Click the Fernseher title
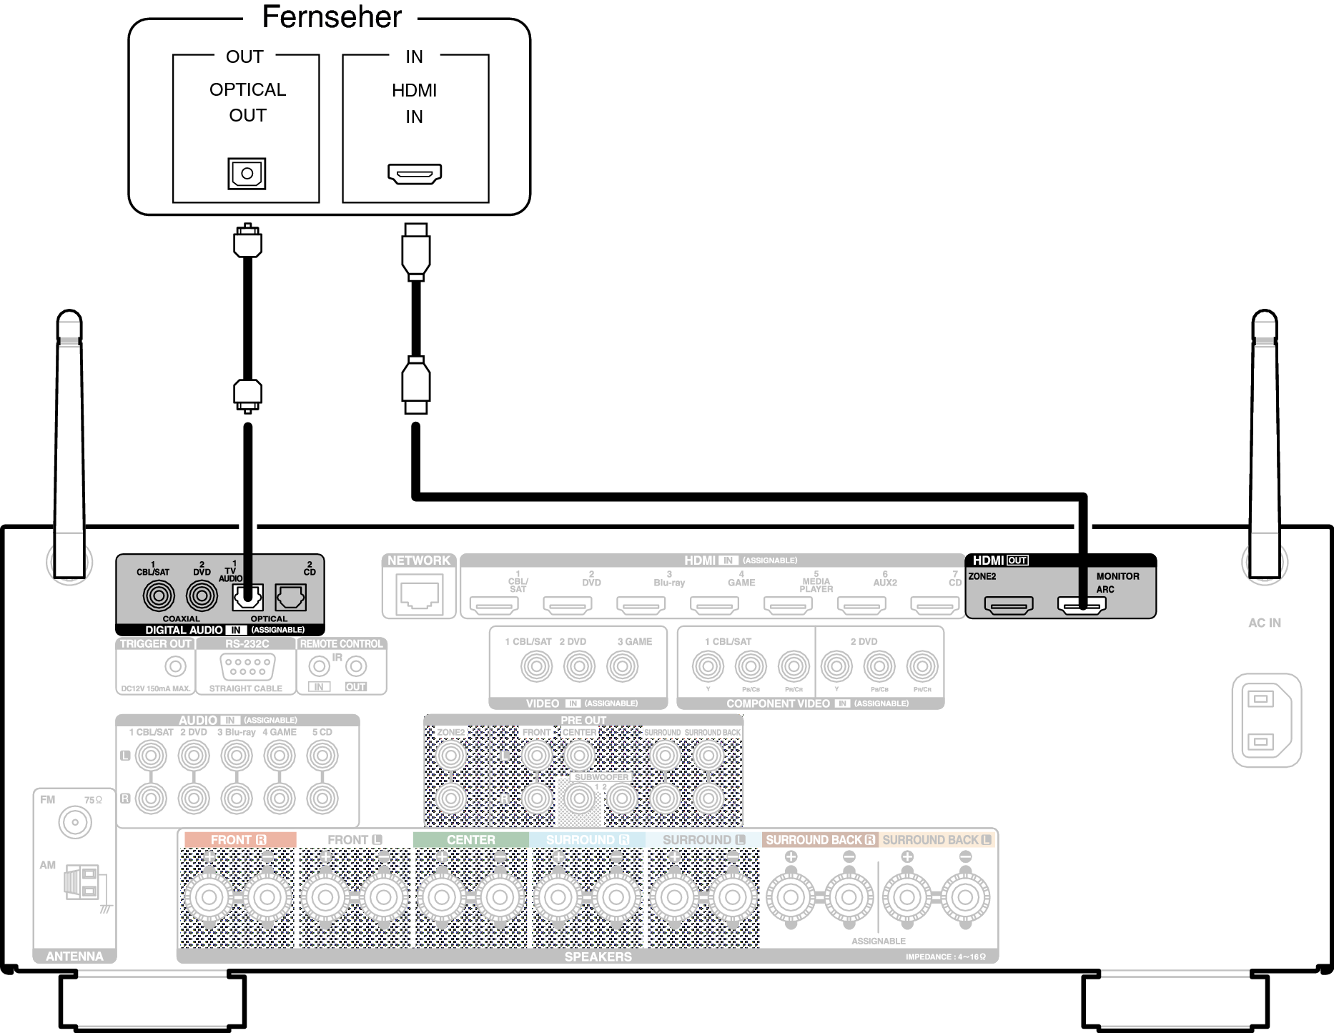click(x=332, y=17)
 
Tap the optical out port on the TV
click(x=247, y=173)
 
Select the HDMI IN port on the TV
click(x=415, y=173)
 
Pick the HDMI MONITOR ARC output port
click(x=1082, y=605)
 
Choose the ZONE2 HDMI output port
click(x=1009, y=605)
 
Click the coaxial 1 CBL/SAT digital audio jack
click(x=159, y=595)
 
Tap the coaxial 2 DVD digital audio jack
click(x=202, y=595)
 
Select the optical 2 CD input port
click(x=291, y=597)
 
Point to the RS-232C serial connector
click(x=246, y=667)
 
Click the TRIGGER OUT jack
click(x=175, y=666)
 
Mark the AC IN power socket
click(x=1266, y=720)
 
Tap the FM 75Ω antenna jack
click(x=75, y=823)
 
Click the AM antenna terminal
click(x=82, y=882)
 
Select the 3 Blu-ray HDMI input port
click(x=641, y=606)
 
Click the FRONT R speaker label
click(x=239, y=839)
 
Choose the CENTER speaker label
click(x=470, y=839)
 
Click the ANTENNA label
click(x=74, y=956)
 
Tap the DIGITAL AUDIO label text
click(x=184, y=630)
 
